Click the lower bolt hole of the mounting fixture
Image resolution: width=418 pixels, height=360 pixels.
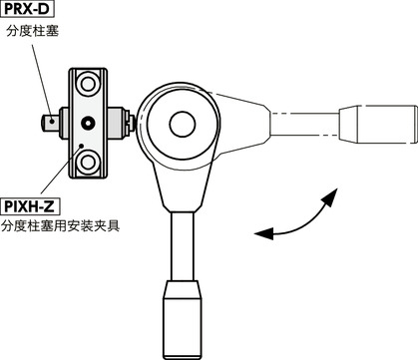87,161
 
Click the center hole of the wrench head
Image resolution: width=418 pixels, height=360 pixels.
182,124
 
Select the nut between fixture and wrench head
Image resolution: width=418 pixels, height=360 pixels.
129,124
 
